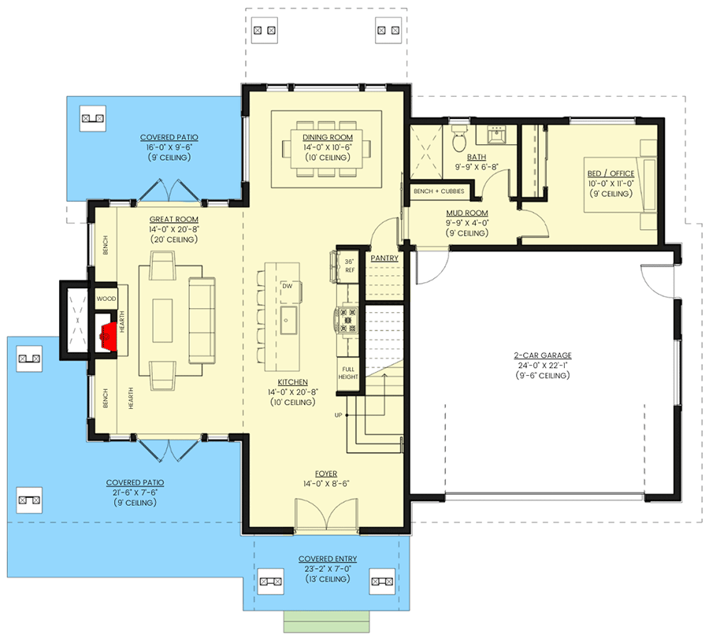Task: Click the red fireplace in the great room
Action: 109,336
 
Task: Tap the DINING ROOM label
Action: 328,137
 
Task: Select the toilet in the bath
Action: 459,139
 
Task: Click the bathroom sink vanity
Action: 496,135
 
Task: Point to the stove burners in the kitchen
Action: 347,320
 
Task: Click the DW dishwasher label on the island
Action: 287,286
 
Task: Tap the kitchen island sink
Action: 288,320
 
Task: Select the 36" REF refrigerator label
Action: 350,266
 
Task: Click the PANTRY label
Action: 384,258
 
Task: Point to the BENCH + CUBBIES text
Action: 439,191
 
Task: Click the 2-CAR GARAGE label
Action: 543,355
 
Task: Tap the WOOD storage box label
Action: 106,299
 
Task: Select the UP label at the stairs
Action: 338,415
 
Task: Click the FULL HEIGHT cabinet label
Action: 348,373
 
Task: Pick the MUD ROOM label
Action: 467,213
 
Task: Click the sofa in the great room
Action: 202,321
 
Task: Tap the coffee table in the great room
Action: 162,321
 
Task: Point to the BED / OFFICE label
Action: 611,173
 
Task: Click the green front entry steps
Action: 326,622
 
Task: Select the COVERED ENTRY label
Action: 328,559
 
